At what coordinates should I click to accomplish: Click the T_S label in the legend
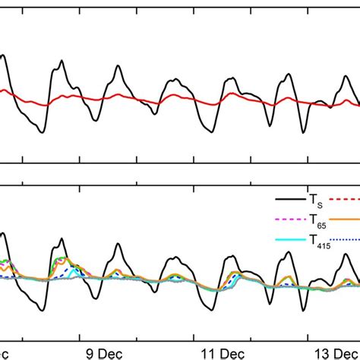click(x=314, y=200)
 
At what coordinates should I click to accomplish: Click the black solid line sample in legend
click(x=289, y=199)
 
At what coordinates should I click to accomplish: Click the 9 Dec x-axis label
click(x=99, y=352)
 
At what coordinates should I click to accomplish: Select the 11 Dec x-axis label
click(x=213, y=352)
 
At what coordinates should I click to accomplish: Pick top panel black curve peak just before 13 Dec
click(x=289, y=74)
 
